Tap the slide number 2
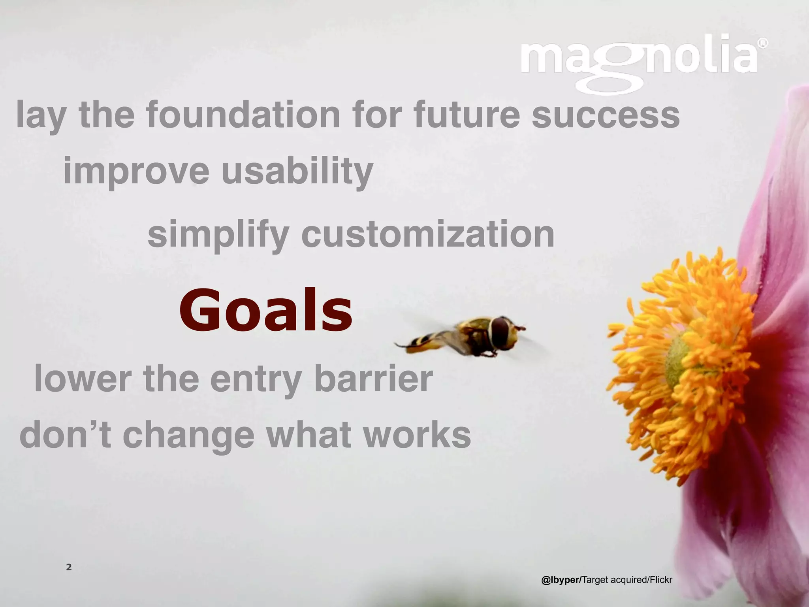tap(69, 567)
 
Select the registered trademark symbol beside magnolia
tap(764, 43)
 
